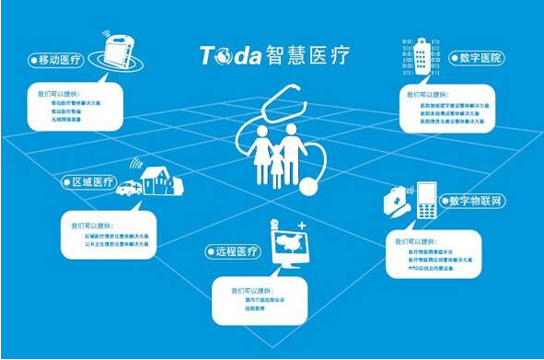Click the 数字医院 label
tap(477, 57)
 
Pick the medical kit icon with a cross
tap(397, 198)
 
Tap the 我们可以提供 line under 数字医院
tap(425, 94)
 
